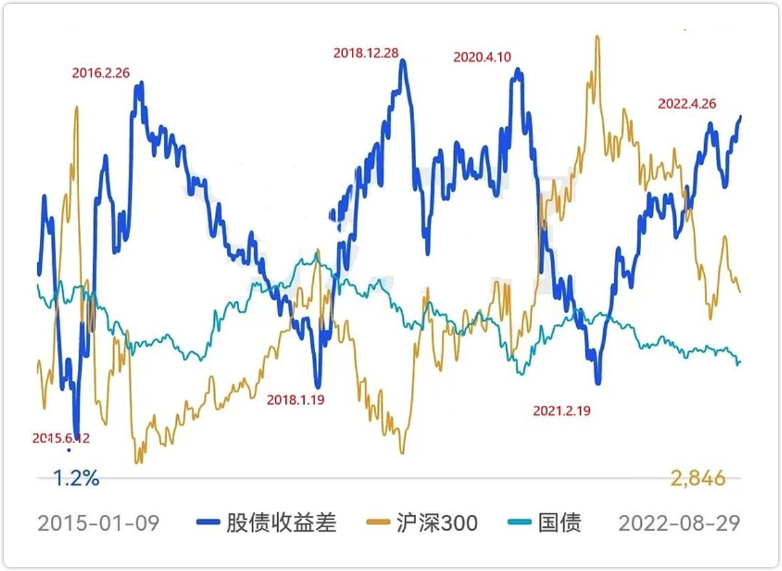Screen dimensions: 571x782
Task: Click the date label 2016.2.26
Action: coord(101,73)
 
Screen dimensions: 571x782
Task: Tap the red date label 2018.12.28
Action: coord(366,53)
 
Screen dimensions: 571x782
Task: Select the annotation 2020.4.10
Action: coord(482,57)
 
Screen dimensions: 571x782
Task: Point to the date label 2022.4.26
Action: coord(687,104)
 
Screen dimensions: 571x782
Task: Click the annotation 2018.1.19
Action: coord(296,400)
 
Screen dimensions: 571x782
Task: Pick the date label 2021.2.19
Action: coord(561,410)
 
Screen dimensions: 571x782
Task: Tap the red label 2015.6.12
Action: coord(61,439)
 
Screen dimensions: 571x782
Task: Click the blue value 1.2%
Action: coord(76,478)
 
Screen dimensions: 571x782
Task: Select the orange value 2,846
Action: coord(698,478)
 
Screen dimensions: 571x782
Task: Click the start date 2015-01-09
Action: coord(98,523)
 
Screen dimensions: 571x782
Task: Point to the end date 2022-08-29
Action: coord(679,523)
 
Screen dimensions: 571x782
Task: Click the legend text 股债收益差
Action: coord(281,523)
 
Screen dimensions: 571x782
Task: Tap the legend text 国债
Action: coord(559,523)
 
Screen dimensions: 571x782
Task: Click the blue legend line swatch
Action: coord(208,523)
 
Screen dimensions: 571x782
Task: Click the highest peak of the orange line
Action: coord(597,37)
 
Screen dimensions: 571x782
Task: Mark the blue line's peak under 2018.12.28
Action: coord(403,62)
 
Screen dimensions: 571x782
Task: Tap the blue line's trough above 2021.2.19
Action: coord(598,383)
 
